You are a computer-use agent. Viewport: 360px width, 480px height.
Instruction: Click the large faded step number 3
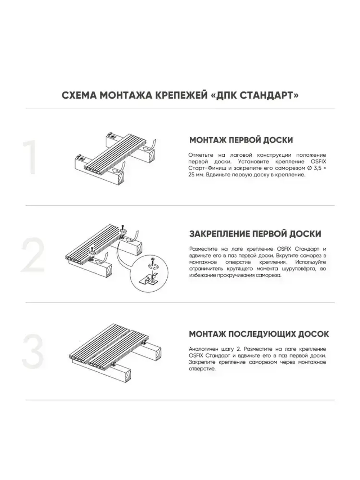33,351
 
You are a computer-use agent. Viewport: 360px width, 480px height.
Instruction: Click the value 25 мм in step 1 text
196,175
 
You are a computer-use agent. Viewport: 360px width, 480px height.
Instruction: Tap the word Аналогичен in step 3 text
202,349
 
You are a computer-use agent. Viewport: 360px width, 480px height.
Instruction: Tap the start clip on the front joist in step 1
82,158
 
